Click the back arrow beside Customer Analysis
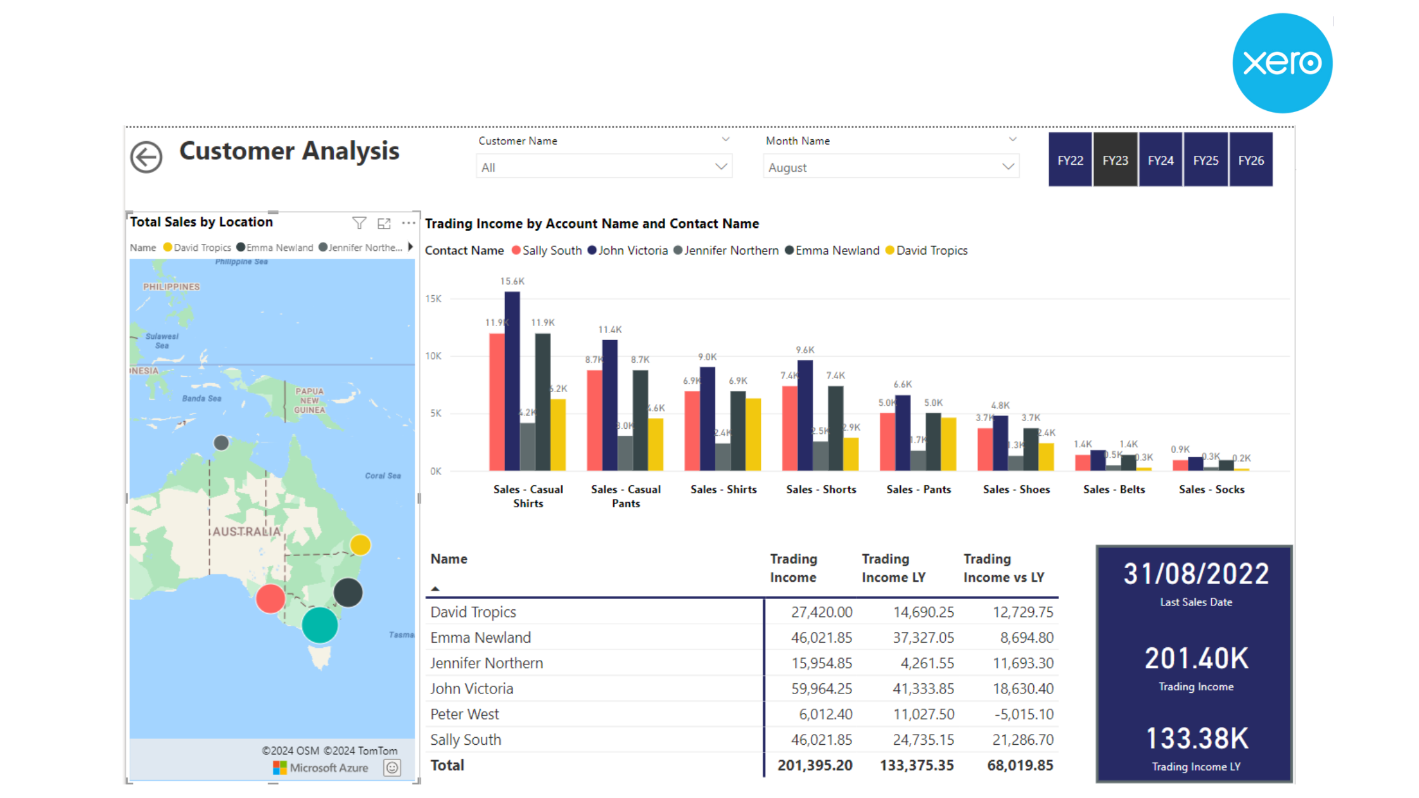(x=146, y=157)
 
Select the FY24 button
(x=1161, y=160)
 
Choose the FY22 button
(x=1070, y=160)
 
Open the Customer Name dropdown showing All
(x=604, y=167)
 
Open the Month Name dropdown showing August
(x=891, y=167)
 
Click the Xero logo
(x=1283, y=63)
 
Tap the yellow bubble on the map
(x=360, y=545)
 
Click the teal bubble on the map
(x=320, y=625)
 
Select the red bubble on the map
(x=270, y=598)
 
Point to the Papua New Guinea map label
(x=309, y=400)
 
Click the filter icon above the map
(x=359, y=223)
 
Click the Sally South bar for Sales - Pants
(x=887, y=441)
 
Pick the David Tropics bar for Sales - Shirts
(x=753, y=434)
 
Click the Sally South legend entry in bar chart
(x=547, y=250)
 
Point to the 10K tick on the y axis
(x=433, y=356)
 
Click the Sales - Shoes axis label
(x=1016, y=489)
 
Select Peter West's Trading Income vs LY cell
(x=1024, y=714)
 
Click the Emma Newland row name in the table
(x=480, y=637)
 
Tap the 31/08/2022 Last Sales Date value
(x=1196, y=574)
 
